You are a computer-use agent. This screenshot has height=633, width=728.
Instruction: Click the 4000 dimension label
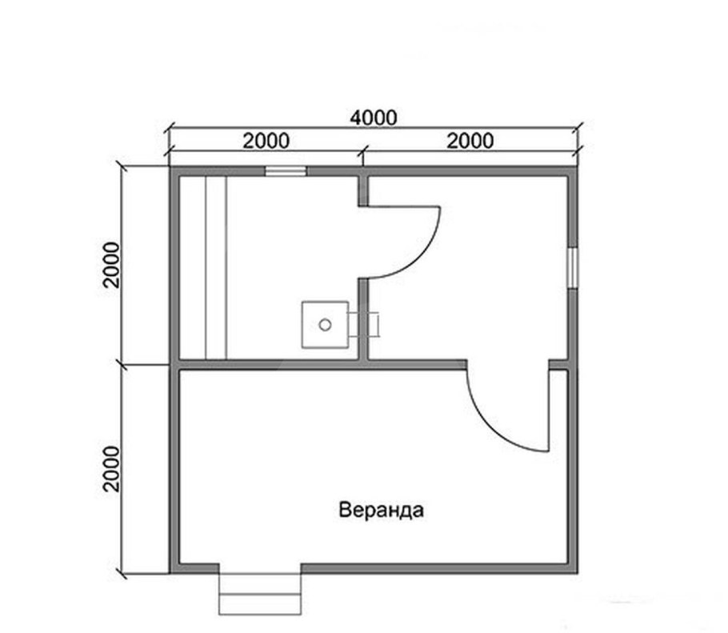pos(374,118)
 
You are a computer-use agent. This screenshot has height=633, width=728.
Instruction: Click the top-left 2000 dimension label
pos(266,141)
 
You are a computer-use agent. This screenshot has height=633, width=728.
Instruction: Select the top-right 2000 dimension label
pos(470,141)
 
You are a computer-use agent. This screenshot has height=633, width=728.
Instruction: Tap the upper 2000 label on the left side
pos(111,264)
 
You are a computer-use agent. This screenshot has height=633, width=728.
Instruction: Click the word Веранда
pos(380,510)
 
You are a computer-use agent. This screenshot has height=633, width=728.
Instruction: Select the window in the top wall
pos(286,170)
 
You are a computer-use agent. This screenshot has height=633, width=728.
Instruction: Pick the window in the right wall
pos(572,266)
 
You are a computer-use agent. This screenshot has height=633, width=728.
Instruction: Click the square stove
pos(325,324)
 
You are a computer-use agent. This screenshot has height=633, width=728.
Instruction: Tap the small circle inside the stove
pos(325,324)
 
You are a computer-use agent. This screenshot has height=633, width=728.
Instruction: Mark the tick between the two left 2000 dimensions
pos(123,364)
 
